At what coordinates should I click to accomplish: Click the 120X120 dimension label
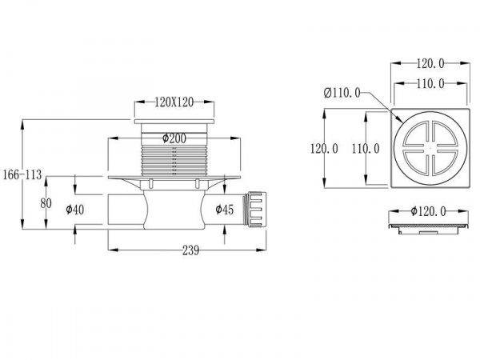click(x=174, y=103)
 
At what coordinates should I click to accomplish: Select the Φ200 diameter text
click(x=174, y=138)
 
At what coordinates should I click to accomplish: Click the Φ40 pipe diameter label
click(x=75, y=210)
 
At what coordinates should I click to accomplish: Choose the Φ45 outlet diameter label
click(x=223, y=210)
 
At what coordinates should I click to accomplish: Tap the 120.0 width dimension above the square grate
click(x=430, y=62)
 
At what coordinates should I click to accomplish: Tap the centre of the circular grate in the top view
click(x=430, y=148)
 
